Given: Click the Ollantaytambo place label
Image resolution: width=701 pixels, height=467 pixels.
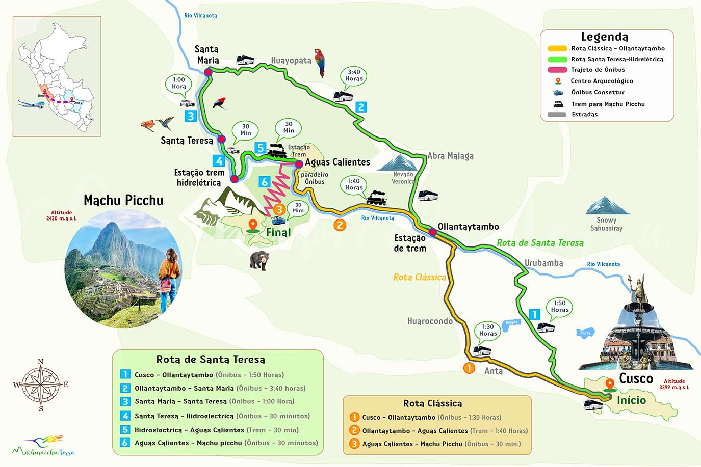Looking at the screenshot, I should (x=468, y=227).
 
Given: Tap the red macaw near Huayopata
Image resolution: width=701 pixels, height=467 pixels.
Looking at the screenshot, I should (x=320, y=62).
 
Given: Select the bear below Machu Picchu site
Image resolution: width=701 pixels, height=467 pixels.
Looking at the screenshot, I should (x=259, y=260).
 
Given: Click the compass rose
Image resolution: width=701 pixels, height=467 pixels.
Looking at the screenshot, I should (x=41, y=384).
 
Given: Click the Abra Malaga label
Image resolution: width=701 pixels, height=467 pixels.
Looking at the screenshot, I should (x=450, y=156).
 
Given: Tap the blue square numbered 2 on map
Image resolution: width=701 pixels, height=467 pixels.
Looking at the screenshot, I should (x=361, y=107).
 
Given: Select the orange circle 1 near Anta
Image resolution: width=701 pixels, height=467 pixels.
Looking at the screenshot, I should (x=469, y=368).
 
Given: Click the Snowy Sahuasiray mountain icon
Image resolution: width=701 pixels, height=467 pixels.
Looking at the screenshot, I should (x=607, y=206).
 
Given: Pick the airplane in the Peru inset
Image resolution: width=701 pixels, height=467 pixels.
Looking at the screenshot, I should (x=32, y=104).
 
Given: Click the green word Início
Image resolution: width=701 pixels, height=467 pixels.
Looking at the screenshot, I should (x=631, y=400).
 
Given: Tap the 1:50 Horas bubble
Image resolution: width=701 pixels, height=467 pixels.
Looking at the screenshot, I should (x=559, y=307).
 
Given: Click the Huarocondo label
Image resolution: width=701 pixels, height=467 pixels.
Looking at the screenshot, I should (x=430, y=321).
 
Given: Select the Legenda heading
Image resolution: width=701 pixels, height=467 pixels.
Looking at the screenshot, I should (x=605, y=37).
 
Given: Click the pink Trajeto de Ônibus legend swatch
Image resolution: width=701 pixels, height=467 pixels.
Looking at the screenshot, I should (x=557, y=70).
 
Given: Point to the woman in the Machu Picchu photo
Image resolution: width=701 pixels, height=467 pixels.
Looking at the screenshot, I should (x=169, y=278).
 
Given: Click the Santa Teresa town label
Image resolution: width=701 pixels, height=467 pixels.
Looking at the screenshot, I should (x=187, y=141).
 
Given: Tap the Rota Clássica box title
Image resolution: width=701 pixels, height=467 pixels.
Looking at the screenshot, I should (x=432, y=403).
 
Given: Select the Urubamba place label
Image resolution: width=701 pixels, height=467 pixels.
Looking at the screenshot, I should (x=543, y=263).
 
